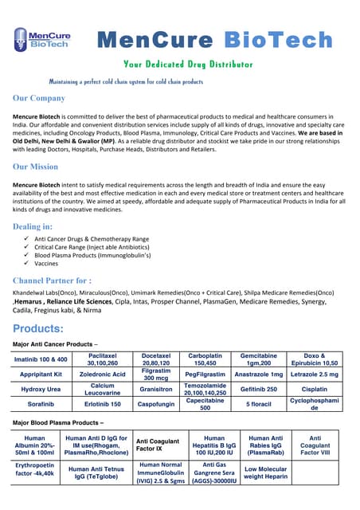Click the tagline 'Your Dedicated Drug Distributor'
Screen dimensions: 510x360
click(x=188, y=64)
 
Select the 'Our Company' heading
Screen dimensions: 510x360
click(x=39, y=98)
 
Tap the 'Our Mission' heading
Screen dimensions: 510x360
click(x=36, y=167)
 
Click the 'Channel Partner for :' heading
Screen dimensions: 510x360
click(x=52, y=280)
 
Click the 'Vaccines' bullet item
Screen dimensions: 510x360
click(x=46, y=263)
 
